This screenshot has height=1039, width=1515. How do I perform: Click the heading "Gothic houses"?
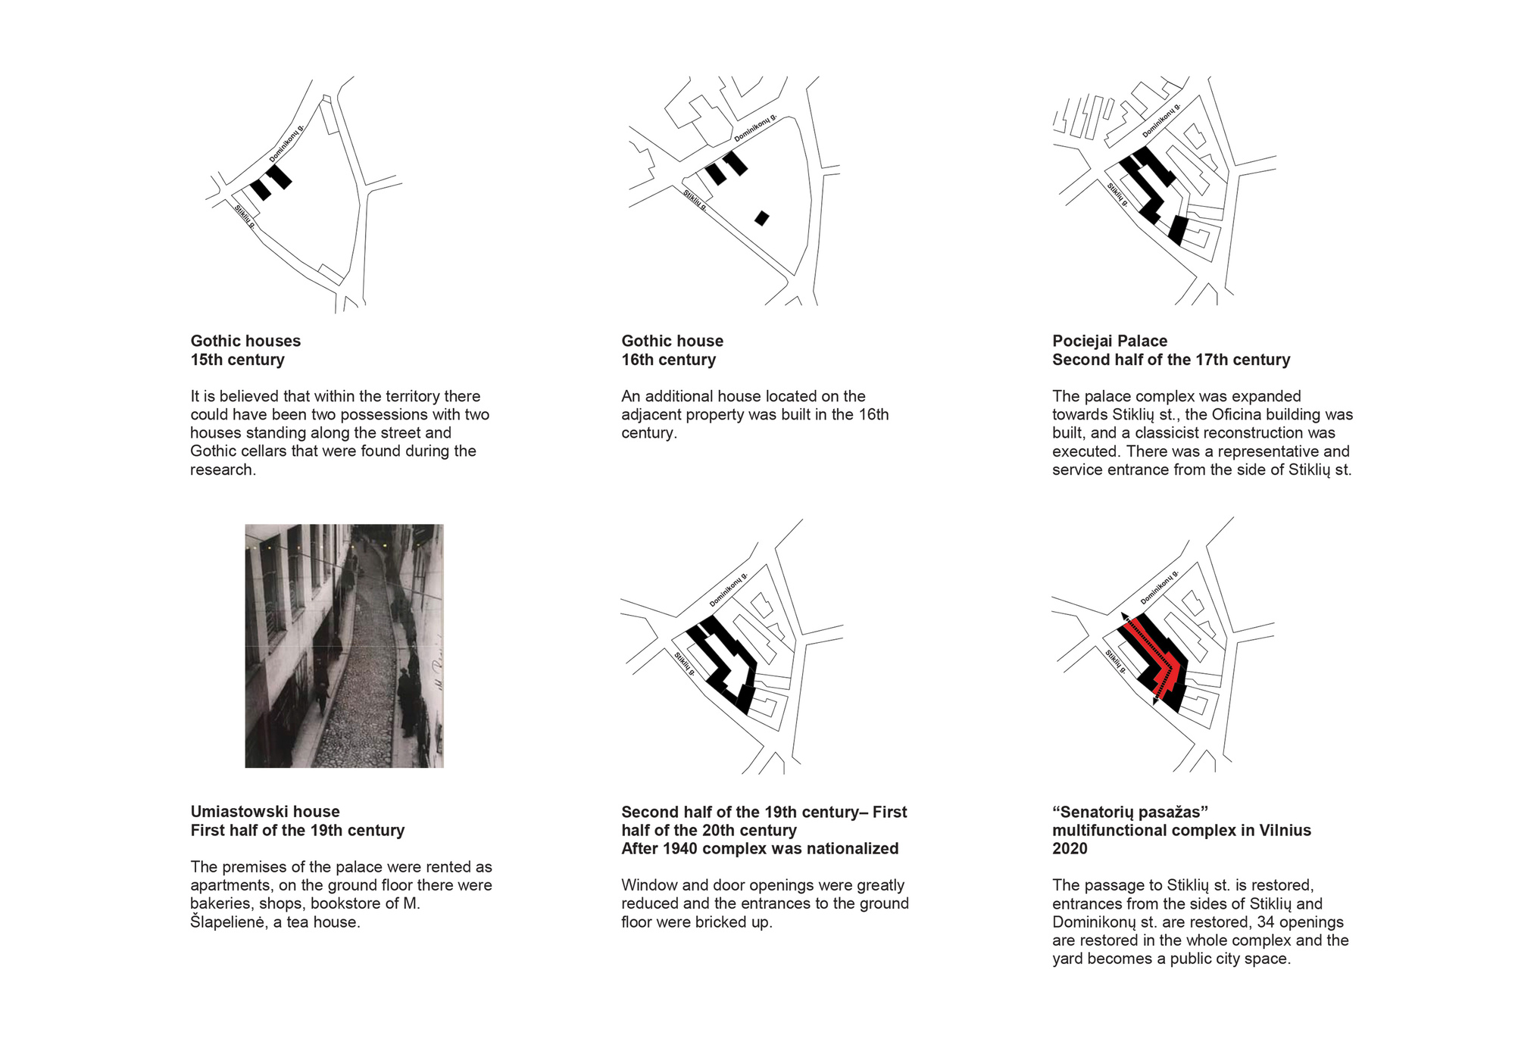pos(245,341)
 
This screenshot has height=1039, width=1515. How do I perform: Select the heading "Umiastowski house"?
pos(265,812)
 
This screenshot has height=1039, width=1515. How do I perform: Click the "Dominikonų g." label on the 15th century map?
pos(287,143)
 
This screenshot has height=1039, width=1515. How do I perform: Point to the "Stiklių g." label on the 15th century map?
pos(245,217)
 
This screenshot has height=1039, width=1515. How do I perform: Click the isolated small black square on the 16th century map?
pos(762,218)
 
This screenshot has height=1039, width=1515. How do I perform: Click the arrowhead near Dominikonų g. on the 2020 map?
pos(1125,616)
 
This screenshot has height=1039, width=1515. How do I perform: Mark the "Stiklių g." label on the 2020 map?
pos(1116,661)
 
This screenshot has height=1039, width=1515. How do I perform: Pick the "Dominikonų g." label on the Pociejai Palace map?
pos(1161,120)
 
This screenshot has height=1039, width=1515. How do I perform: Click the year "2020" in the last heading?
pos(1070,849)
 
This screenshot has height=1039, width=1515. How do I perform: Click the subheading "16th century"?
pos(668,360)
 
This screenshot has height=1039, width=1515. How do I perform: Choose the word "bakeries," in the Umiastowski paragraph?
pos(223,904)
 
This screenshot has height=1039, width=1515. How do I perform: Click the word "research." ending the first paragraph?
pos(223,470)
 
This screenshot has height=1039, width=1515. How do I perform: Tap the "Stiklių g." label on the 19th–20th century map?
pos(685,663)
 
